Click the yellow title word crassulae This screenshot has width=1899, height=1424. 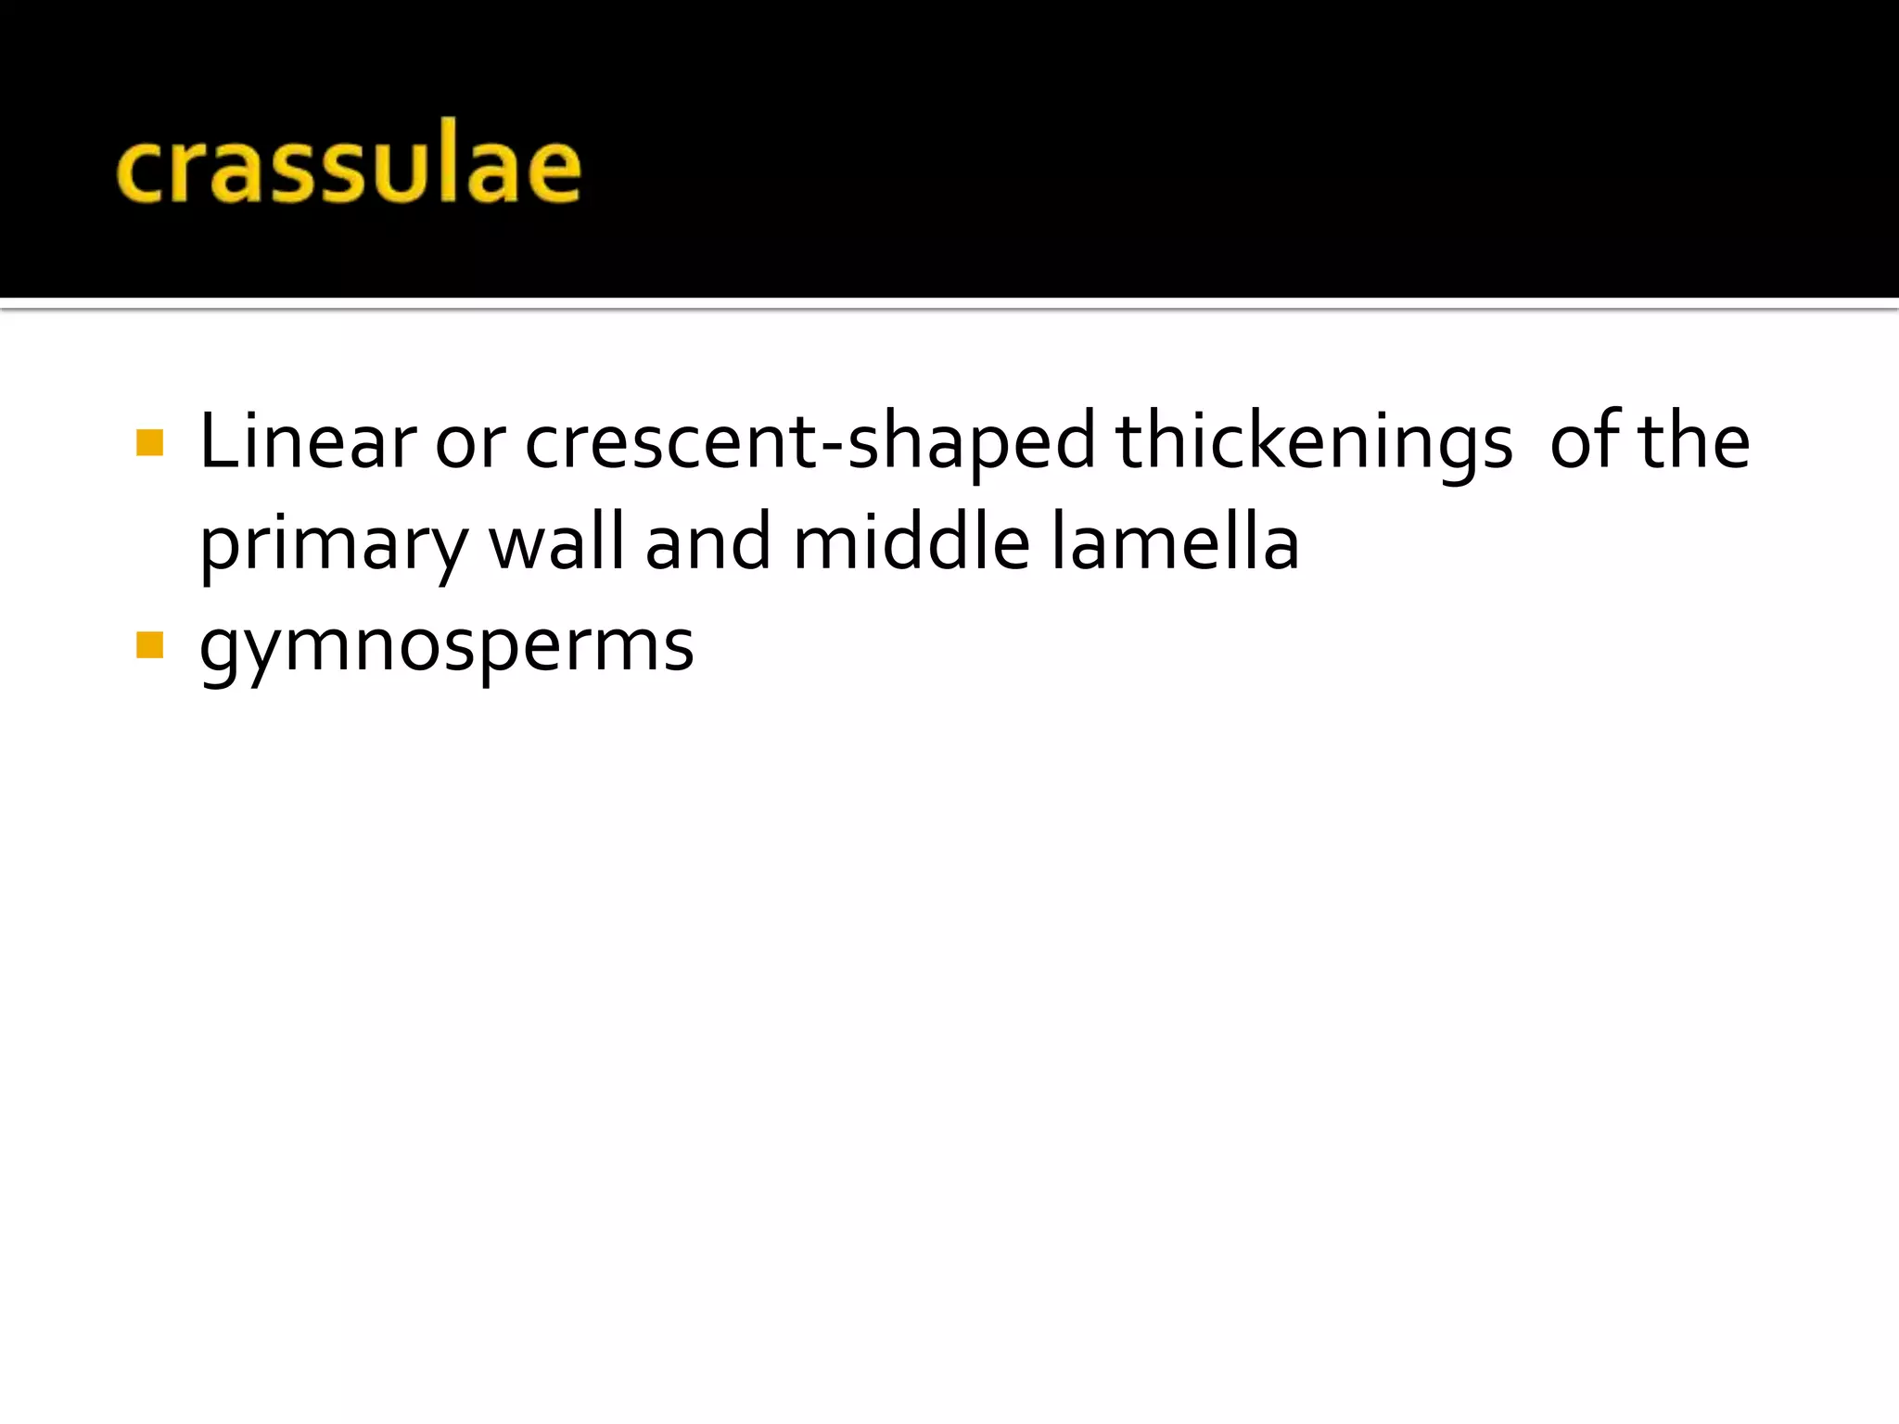[x=349, y=167]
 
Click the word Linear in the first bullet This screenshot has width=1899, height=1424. [x=307, y=441]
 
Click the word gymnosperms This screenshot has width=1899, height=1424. [x=446, y=647]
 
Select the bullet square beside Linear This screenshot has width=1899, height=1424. [x=149, y=442]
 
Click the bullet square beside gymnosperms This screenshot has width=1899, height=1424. [x=149, y=644]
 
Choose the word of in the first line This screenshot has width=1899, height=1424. [x=1584, y=441]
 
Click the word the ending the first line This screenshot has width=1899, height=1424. [x=1694, y=441]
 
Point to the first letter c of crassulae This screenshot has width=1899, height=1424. [x=140, y=171]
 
